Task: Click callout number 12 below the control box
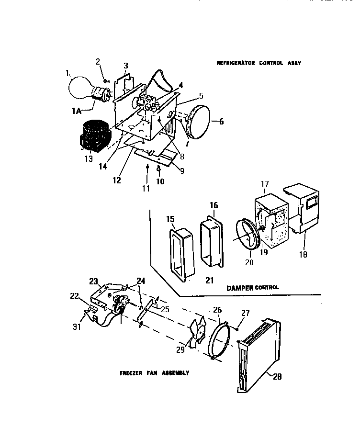117,180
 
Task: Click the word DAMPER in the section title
240,288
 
